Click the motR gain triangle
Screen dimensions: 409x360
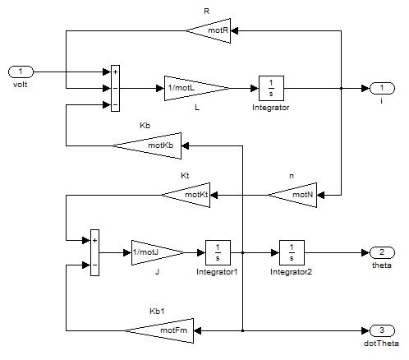point(214,30)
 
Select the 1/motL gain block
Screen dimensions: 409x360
point(191,88)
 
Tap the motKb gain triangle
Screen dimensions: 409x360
point(154,145)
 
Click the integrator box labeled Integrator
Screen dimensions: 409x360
point(271,88)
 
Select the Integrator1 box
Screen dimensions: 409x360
point(218,252)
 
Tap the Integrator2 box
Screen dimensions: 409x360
point(292,252)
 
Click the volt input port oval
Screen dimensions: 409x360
point(21,72)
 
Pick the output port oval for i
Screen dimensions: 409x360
point(382,88)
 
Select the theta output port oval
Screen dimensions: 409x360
point(382,252)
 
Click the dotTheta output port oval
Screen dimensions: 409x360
point(382,330)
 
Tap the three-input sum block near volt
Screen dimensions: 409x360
point(115,88)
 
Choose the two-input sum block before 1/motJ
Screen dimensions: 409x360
point(94,252)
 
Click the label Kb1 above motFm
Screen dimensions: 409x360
point(157,312)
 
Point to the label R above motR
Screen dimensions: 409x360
point(207,12)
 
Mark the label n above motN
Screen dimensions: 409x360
point(292,176)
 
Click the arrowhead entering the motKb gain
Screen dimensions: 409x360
point(185,145)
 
